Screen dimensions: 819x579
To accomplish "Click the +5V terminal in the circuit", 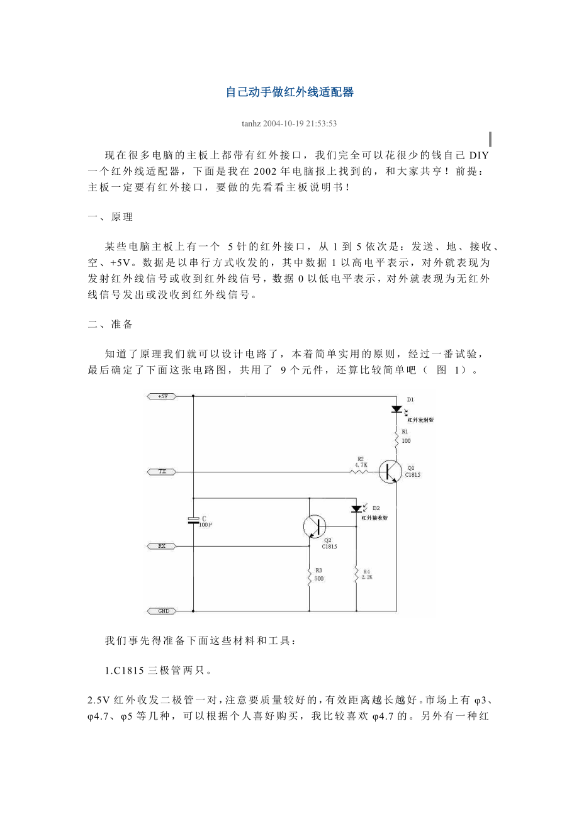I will click(161, 396).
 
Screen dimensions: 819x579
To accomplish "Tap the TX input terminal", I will click(161, 471).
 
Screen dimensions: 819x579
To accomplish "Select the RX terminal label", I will click(161, 546).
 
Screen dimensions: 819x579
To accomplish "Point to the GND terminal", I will click(161, 611).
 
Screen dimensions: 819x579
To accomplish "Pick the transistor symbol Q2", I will click(314, 526).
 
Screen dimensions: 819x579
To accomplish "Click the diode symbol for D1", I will click(396, 409).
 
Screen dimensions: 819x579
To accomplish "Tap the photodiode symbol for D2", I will click(356, 508).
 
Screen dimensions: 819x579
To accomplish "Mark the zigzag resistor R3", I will click(310, 577).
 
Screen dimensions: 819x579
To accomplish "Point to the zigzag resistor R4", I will click(356, 575).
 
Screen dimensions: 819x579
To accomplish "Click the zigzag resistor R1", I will click(396, 438).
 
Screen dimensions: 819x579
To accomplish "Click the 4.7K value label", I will click(361, 465).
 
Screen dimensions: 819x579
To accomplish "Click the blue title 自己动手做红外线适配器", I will click(289, 92).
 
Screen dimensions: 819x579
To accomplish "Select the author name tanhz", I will click(252, 123).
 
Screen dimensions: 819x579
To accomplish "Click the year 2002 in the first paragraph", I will click(267, 170).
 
